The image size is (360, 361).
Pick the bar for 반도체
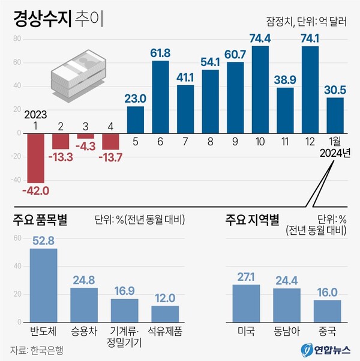pyautogui.click(x=44, y=285)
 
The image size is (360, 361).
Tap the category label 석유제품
pyautogui.click(x=164, y=331)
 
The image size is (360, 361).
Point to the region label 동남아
pyautogui.click(x=286, y=331)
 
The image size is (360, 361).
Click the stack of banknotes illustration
pyautogui.click(x=77, y=76)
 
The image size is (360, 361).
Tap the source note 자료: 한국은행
pyautogui.click(x=39, y=350)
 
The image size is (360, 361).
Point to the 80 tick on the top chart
pyautogui.click(x=17, y=39)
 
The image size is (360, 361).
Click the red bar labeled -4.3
pyautogui.click(x=85, y=136)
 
